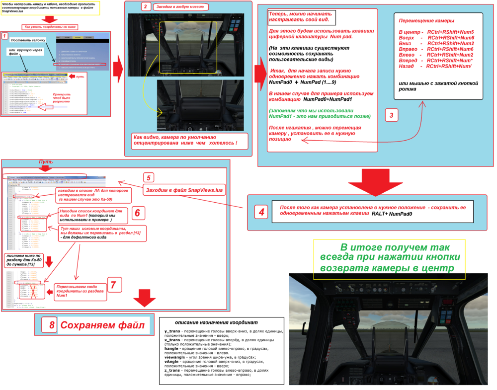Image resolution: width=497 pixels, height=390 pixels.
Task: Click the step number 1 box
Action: (x=5, y=36)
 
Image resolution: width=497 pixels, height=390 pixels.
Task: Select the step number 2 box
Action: (x=145, y=7)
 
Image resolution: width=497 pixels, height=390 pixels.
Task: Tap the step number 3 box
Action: (x=391, y=116)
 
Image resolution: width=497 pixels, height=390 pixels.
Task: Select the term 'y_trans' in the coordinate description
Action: (x=172, y=331)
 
